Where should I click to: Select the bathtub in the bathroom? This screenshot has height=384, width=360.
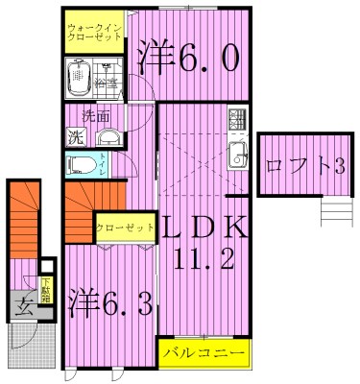tap(79, 76)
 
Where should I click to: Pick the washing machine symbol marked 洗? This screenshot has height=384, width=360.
tap(75, 136)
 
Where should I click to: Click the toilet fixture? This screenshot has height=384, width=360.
tap(82, 164)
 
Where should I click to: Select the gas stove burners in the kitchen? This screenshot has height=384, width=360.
tap(237, 120)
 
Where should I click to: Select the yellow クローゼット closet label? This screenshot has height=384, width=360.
tap(125, 228)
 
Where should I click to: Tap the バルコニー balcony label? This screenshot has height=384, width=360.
tap(204, 353)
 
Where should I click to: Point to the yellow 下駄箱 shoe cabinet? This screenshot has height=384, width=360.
tap(45, 287)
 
